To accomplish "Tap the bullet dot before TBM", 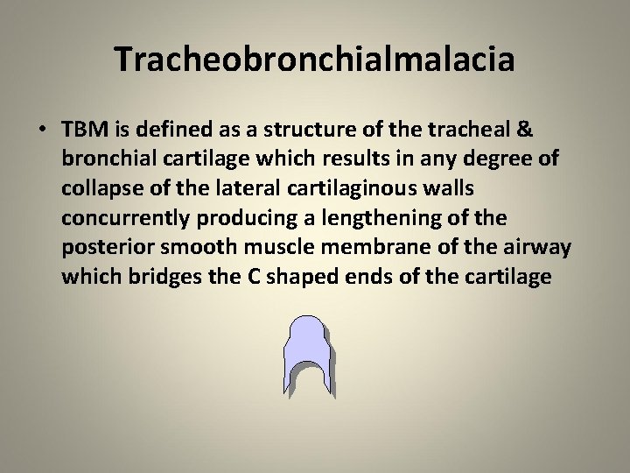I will tap(42, 129).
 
